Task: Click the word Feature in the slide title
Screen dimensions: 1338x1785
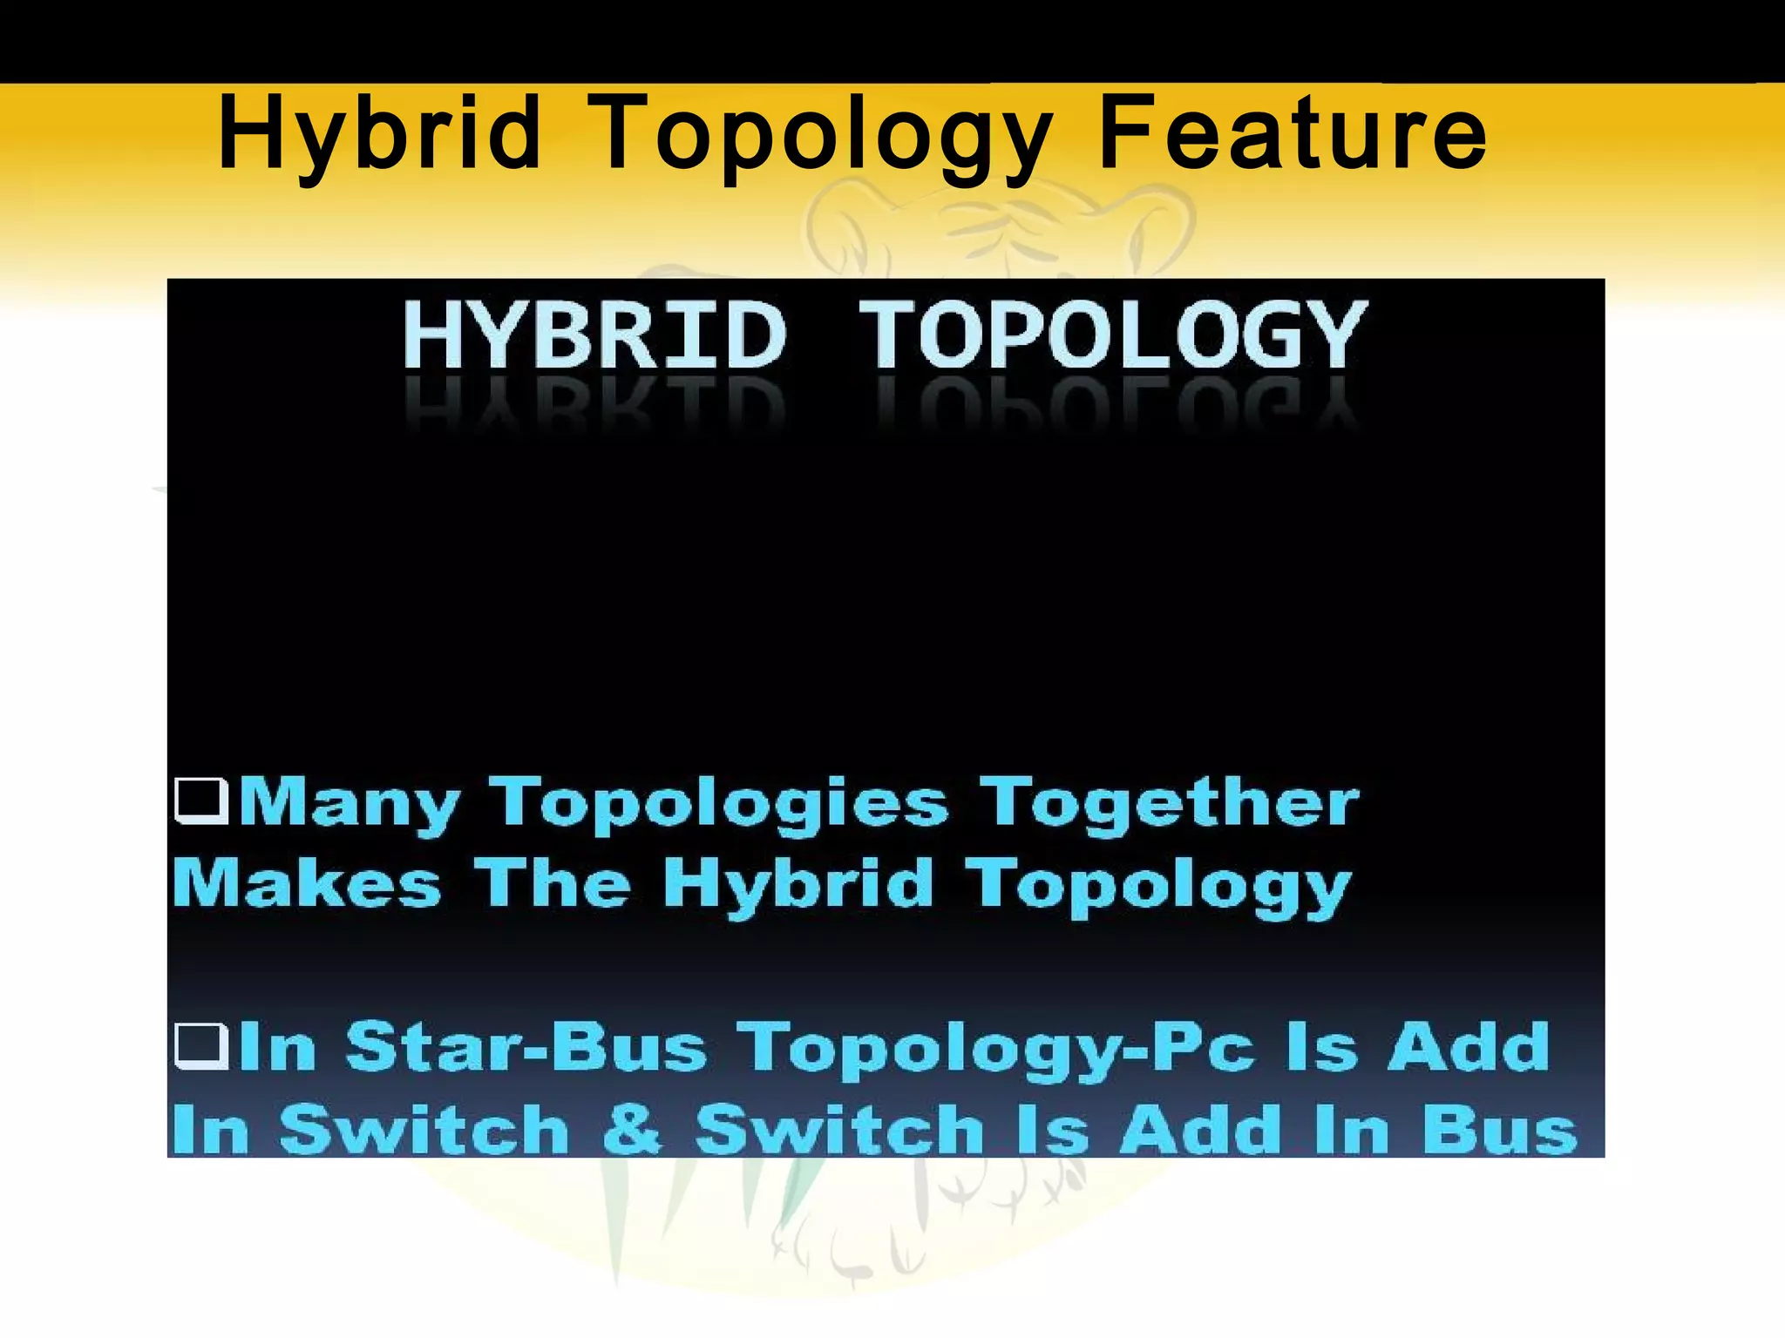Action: pos(1292,134)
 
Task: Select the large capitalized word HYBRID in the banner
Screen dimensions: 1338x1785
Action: pos(594,336)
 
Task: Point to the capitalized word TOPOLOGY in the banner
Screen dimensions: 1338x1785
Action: pos(1113,336)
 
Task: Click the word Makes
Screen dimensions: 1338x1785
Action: pos(308,883)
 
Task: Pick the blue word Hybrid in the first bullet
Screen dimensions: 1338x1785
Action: pos(798,883)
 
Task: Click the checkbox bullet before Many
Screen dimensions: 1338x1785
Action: pos(201,801)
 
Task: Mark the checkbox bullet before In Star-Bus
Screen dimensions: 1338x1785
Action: pos(201,1046)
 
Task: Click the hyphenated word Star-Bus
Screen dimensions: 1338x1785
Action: pos(526,1046)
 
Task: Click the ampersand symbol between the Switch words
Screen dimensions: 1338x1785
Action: pos(633,1129)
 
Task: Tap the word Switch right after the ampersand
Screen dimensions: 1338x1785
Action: pos(840,1129)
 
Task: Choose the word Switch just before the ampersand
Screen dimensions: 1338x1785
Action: pos(424,1129)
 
